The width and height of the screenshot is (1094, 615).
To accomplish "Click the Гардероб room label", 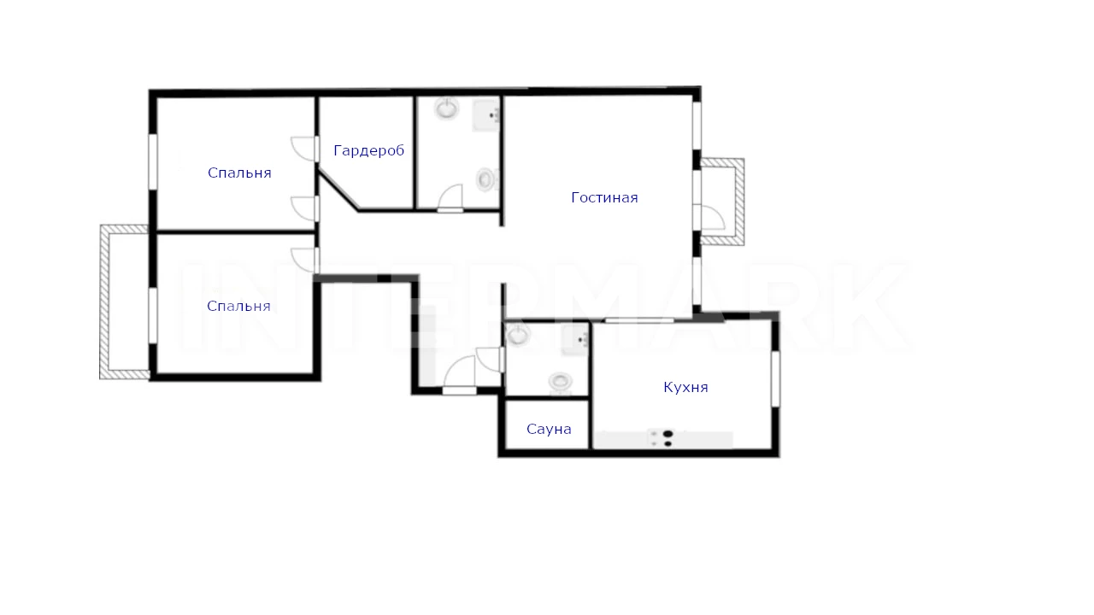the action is click(368, 151).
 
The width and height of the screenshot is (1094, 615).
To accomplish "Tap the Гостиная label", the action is click(604, 197).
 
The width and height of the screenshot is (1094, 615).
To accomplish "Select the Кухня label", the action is click(685, 388).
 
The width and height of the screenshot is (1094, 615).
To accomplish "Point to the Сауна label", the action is click(549, 429).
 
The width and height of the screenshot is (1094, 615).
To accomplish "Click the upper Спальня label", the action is click(239, 173).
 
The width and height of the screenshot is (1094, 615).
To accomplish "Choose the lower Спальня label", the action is click(238, 306).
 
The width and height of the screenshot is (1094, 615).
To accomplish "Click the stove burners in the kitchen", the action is click(668, 438).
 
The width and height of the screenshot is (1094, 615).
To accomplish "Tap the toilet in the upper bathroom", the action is click(486, 179).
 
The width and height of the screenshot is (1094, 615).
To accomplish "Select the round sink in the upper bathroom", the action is click(446, 108).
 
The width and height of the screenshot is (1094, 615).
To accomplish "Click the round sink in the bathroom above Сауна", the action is click(518, 334).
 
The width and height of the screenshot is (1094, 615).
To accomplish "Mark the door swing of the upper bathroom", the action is click(450, 197).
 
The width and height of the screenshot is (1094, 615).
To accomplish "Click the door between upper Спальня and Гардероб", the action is click(305, 149).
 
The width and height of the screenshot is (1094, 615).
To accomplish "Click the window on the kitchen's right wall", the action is click(775, 378).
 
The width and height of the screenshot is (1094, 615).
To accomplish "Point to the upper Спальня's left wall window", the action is click(153, 161).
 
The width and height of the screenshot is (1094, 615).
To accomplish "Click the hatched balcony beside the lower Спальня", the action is click(124, 302).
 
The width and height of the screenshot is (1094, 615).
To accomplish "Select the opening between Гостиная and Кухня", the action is click(640, 320).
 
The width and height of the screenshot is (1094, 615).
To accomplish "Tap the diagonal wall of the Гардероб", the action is click(338, 190).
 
